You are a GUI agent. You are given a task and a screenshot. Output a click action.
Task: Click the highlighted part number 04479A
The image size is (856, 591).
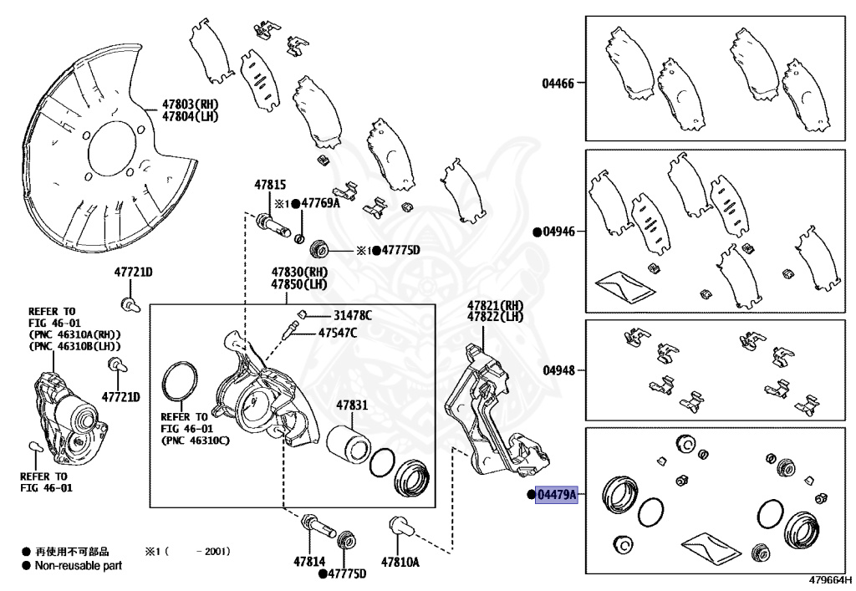[557, 496]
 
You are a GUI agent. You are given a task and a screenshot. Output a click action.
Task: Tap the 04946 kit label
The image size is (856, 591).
[558, 232]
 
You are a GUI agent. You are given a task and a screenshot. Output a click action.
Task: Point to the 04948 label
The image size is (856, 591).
[558, 369]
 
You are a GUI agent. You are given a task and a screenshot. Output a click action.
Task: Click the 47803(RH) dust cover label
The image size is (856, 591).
[190, 104]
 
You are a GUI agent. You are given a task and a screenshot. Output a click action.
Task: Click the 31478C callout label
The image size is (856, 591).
[353, 315]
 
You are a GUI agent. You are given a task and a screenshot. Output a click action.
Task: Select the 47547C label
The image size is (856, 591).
[338, 333]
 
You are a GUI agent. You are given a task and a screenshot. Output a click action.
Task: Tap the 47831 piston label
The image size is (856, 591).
[352, 405]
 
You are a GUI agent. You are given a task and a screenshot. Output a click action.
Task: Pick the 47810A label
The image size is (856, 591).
[400, 563]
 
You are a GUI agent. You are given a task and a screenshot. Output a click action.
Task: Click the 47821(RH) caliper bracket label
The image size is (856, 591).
[495, 305]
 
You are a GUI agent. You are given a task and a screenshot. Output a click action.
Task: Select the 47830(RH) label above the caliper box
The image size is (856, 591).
[299, 273]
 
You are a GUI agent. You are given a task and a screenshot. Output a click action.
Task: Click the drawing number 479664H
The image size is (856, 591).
[829, 579]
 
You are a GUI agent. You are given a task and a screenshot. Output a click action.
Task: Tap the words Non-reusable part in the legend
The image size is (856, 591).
[79, 566]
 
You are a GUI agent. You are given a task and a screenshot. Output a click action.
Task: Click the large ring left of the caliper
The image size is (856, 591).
[177, 381]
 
